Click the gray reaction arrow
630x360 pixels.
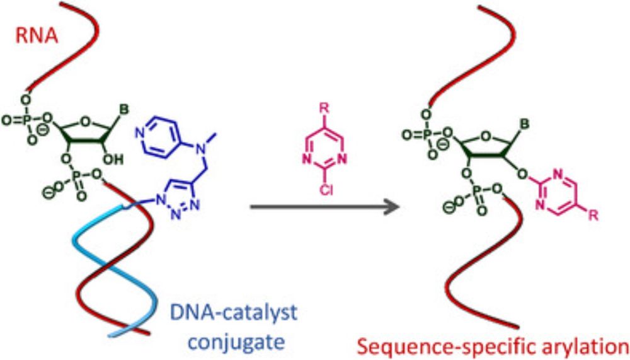[x=324, y=206]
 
